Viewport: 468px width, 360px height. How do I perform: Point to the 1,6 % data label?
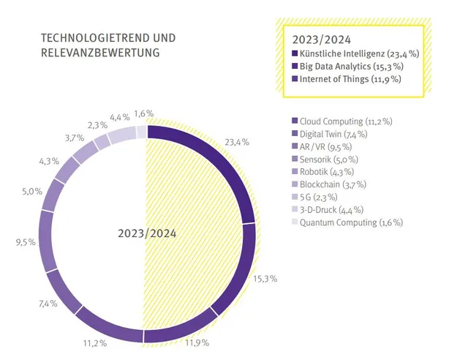[144, 113]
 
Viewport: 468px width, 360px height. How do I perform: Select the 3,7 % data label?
[74, 138]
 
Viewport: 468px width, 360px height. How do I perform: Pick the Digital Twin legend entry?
[328, 133]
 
